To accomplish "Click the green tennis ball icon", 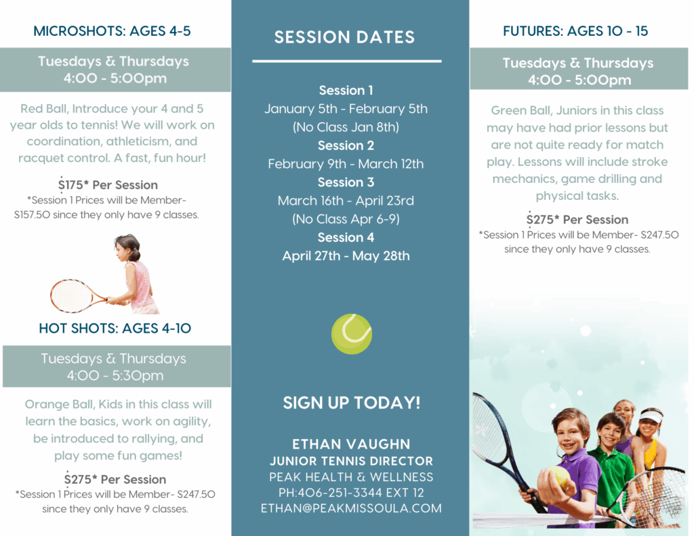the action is (x=352, y=333).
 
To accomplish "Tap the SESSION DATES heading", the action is (x=344, y=37).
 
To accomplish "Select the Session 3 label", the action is (x=346, y=182).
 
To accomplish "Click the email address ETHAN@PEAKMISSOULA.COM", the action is (x=351, y=508).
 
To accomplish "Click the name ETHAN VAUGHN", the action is (x=351, y=444).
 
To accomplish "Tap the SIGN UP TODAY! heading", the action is (x=352, y=403).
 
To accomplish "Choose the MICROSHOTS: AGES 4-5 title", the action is (x=112, y=31).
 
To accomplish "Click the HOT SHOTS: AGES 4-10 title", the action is (x=115, y=329).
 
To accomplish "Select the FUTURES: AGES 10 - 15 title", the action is (x=575, y=31).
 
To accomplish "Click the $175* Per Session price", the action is (x=108, y=184).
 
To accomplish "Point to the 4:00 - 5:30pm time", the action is (x=115, y=376).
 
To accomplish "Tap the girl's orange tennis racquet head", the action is (x=70, y=295).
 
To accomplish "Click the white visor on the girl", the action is (x=650, y=415).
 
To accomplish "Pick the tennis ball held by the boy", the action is (x=559, y=477).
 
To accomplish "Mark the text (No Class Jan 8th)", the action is (x=346, y=127).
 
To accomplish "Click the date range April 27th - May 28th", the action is (x=346, y=256).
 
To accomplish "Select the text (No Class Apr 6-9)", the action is (x=346, y=219).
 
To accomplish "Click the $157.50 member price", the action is (x=33, y=215).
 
